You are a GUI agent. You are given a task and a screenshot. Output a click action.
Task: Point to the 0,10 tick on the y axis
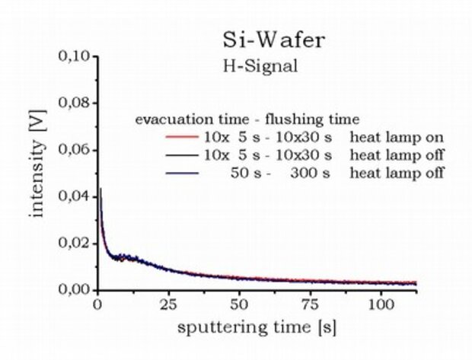click(x=76, y=56)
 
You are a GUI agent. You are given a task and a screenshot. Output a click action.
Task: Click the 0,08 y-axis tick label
click(x=76, y=103)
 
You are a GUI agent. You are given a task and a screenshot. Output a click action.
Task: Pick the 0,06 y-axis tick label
click(x=76, y=150)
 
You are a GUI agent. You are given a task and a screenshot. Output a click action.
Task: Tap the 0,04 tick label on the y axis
click(x=76, y=196)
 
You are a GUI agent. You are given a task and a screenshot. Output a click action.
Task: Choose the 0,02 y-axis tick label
click(x=76, y=244)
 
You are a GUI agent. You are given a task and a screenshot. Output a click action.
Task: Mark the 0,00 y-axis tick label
click(x=76, y=290)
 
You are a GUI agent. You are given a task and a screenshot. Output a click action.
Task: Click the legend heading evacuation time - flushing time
click(x=247, y=119)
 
